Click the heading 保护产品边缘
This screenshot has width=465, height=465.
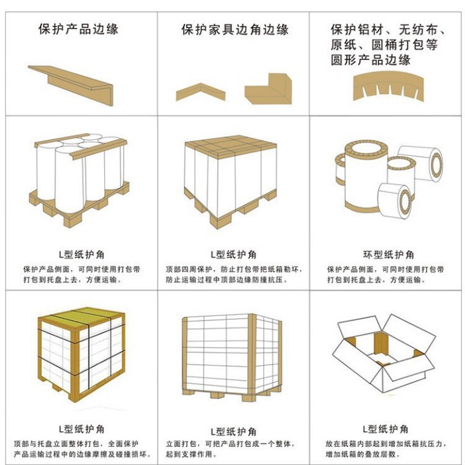pos(78,29)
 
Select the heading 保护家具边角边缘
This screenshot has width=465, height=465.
pos(234,30)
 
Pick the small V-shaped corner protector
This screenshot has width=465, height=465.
pos(201,90)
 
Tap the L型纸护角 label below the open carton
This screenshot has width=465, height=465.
pos(384,428)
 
